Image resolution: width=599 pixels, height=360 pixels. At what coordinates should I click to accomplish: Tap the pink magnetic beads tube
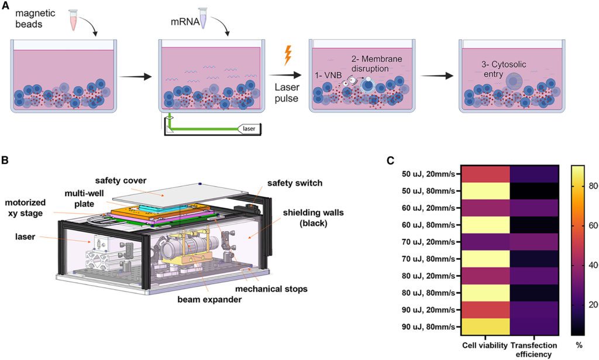point(73,19)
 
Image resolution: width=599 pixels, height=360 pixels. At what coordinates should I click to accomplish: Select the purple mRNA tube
point(203,19)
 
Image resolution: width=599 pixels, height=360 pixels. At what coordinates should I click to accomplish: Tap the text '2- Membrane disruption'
point(378,64)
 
